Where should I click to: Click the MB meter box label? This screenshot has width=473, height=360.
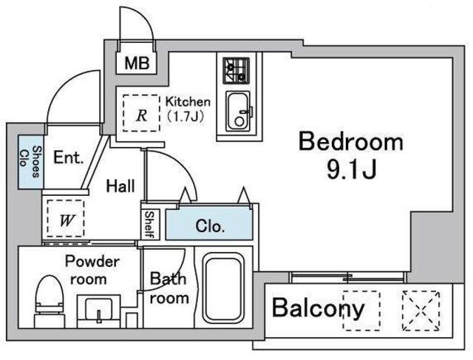(x=136, y=64)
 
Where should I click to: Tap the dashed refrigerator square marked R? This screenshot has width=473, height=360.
(x=140, y=113)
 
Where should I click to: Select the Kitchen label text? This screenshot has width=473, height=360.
(x=188, y=102)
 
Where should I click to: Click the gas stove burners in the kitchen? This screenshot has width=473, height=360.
(x=236, y=71)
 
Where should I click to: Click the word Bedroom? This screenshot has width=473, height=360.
(x=351, y=142)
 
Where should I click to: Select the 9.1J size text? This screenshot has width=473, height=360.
(x=351, y=171)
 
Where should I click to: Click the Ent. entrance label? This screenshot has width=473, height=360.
(x=69, y=157)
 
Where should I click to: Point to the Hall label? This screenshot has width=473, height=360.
(x=120, y=186)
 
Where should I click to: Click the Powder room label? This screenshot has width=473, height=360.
(x=91, y=270)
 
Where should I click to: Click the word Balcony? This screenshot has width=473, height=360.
(x=319, y=308)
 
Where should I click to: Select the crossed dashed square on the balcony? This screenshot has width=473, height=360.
(x=420, y=310)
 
